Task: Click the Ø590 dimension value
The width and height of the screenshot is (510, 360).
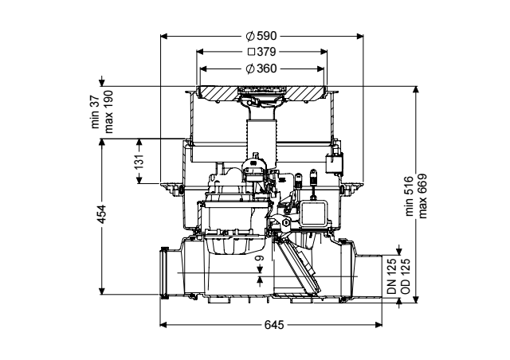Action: tap(261, 36)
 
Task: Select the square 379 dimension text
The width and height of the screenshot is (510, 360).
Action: tap(262, 52)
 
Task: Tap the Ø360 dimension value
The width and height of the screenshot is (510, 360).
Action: tap(261, 68)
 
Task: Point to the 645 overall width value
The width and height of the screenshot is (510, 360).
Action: tap(274, 324)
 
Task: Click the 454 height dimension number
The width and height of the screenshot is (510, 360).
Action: tap(102, 213)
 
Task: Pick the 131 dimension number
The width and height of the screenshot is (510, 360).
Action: tap(139, 162)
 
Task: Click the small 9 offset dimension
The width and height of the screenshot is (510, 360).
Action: tap(259, 259)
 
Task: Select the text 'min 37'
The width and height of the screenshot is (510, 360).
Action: tap(95, 112)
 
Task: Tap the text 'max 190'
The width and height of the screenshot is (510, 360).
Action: tap(108, 112)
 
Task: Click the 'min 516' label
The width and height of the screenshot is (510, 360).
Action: tap(409, 196)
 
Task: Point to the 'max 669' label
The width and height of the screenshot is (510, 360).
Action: tap(422, 196)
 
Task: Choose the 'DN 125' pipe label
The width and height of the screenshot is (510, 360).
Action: tap(392, 276)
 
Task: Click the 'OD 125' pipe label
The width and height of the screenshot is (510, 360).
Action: tap(406, 276)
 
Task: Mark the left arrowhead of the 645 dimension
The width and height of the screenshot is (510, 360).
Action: tap(163, 324)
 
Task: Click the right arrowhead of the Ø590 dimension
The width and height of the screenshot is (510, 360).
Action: tap(359, 36)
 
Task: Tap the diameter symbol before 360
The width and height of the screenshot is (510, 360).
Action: tap(249, 69)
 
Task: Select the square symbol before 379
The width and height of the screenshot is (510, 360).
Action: tap(251, 52)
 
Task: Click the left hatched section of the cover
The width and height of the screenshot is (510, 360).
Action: tap(218, 92)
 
